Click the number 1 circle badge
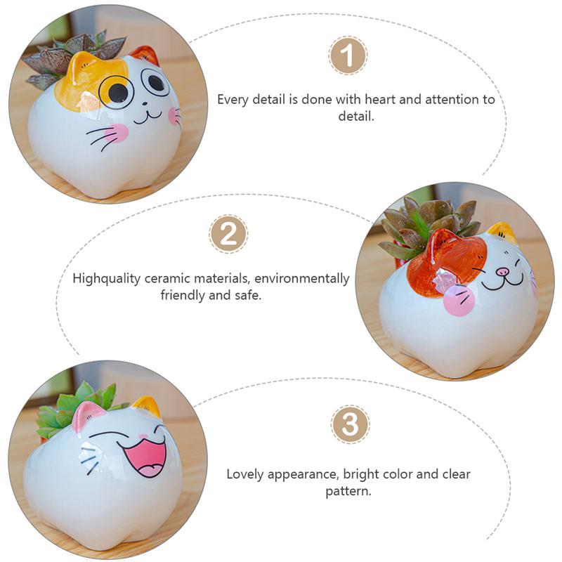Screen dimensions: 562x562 coord(348,55)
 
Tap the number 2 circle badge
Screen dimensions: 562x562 coord(228,234)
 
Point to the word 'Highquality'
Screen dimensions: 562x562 coord(108,279)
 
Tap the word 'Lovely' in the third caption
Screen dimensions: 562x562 coord(247,474)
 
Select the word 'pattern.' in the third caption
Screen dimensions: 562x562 coord(348,491)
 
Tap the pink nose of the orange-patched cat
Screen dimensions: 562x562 coord(502,271)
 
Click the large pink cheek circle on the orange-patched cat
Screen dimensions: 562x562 coord(459,301)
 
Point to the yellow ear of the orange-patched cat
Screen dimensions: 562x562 coord(504,232)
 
